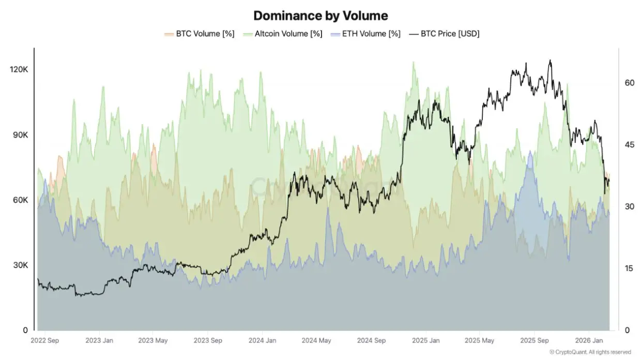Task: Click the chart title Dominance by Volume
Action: tap(320, 15)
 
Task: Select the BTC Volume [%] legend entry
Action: tap(199, 34)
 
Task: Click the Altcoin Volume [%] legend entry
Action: tap(283, 34)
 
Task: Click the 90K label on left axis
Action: tap(21, 134)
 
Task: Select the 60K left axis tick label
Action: tap(21, 200)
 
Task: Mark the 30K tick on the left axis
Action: tap(21, 265)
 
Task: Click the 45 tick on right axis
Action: tap(629, 144)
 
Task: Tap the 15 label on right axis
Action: tap(629, 268)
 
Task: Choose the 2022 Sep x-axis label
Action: tap(45, 341)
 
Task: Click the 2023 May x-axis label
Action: tap(154, 341)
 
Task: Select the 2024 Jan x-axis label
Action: tap(262, 341)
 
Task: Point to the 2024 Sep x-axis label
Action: tap(371, 341)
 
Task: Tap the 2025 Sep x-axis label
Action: tap(535, 341)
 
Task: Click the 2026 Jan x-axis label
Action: tap(590, 341)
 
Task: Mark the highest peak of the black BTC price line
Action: tap(550, 60)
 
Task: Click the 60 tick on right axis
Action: tap(629, 83)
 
